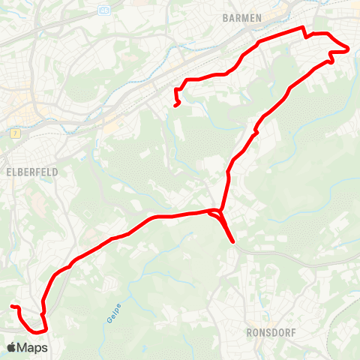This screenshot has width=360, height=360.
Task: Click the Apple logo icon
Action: coord(11,347)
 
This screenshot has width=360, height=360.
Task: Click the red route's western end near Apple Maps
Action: coord(11,307)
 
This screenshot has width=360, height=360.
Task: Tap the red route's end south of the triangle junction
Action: coord(234,242)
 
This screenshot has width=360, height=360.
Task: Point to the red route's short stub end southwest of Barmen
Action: coord(175,106)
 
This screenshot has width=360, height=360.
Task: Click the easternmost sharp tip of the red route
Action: coord(349,49)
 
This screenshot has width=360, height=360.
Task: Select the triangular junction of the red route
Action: coord(217,214)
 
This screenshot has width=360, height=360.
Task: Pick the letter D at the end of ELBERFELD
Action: coord(55,171)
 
